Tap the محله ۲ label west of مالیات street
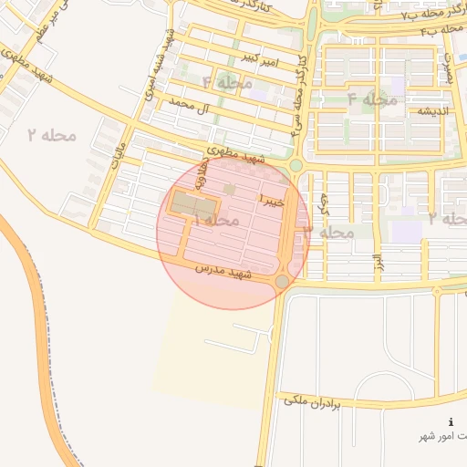click(x=51, y=135)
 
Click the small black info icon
click(x=451, y=422)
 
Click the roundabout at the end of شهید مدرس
click(x=283, y=282)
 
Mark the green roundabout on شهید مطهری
click(x=296, y=165)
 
